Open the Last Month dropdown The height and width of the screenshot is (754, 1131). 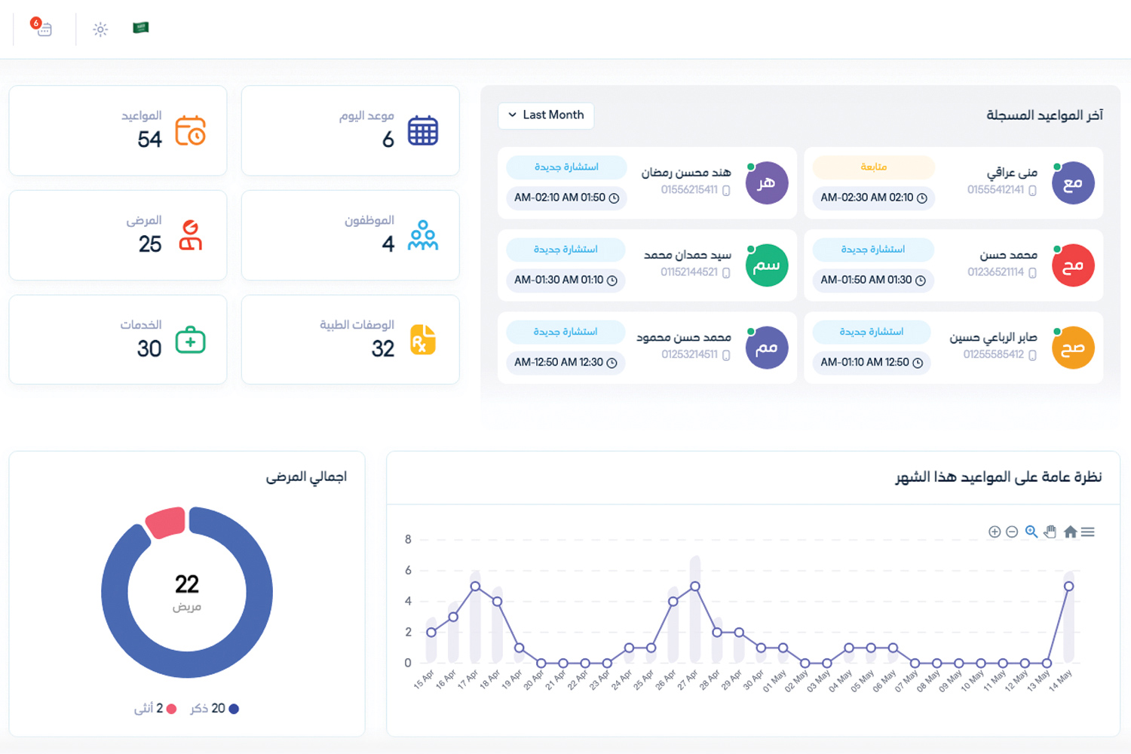click(546, 115)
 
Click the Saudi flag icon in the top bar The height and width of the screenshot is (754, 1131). click(140, 28)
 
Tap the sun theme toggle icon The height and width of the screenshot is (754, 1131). click(100, 29)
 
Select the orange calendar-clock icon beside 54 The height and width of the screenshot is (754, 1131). click(190, 130)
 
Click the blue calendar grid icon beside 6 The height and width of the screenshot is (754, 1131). click(423, 130)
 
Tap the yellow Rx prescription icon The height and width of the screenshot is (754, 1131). click(423, 339)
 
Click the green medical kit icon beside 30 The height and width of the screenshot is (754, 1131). click(190, 339)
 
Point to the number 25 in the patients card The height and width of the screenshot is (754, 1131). click(150, 244)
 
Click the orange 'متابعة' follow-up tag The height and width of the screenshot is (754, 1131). click(873, 167)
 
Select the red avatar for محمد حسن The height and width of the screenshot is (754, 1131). click(1073, 265)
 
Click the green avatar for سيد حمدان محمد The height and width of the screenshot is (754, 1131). click(767, 265)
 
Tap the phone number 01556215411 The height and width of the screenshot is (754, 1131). click(689, 190)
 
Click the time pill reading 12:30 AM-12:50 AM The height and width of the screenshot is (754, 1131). click(565, 363)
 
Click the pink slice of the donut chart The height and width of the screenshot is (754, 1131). click(166, 523)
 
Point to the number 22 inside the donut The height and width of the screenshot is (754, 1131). click(187, 584)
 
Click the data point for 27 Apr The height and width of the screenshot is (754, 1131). click(695, 587)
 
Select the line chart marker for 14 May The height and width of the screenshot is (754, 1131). click(1068, 587)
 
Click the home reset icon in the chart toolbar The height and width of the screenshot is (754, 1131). click(1070, 532)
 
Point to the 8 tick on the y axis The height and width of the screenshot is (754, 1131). click(408, 539)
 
